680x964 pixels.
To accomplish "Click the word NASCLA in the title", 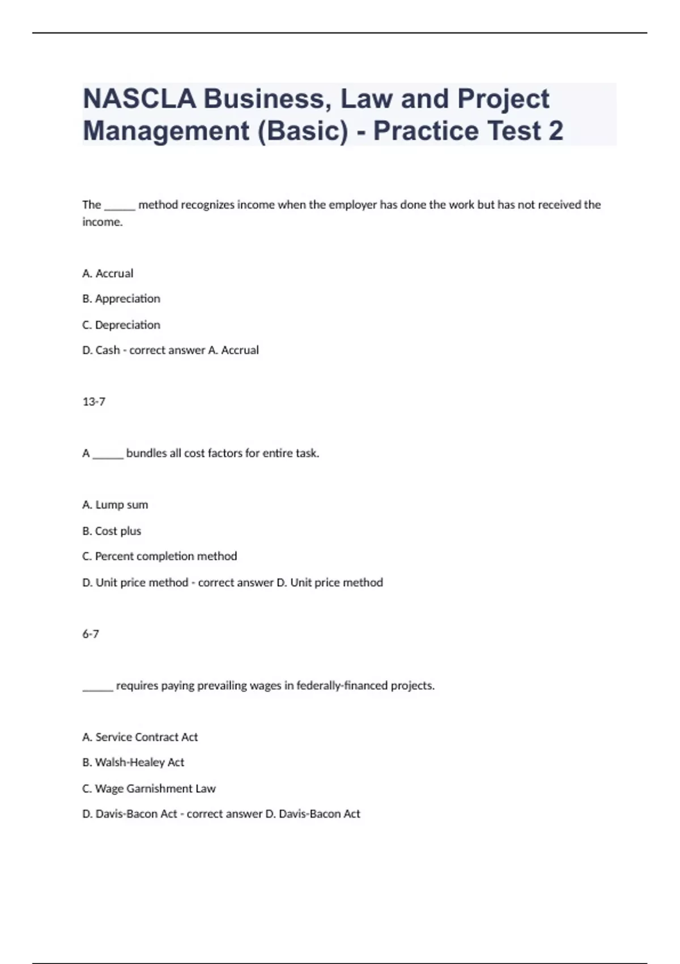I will pyautogui.click(x=139, y=99).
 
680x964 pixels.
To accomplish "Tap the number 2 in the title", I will pyautogui.click(x=556, y=130).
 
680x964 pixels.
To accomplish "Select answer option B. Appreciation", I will pyautogui.click(x=121, y=299).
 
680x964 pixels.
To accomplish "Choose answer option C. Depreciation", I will pyautogui.click(x=121, y=325).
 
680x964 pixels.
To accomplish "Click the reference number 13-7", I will pyautogui.click(x=94, y=402).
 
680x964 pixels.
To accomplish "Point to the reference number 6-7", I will pyautogui.click(x=91, y=634).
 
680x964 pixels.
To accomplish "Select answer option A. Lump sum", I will pyautogui.click(x=115, y=505).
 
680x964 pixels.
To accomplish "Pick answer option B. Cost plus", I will pyautogui.click(x=112, y=531).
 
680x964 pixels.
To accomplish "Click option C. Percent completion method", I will pyautogui.click(x=160, y=556).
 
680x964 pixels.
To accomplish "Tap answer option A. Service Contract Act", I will pyautogui.click(x=140, y=737).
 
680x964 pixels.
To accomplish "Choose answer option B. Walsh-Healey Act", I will pyautogui.click(x=133, y=763).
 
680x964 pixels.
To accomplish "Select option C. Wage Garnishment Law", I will pyautogui.click(x=149, y=789).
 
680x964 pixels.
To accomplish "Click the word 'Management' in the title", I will pyautogui.click(x=166, y=130).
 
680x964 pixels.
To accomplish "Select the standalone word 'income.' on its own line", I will pyautogui.click(x=103, y=222).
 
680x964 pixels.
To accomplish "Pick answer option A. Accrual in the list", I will pyautogui.click(x=108, y=273).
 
